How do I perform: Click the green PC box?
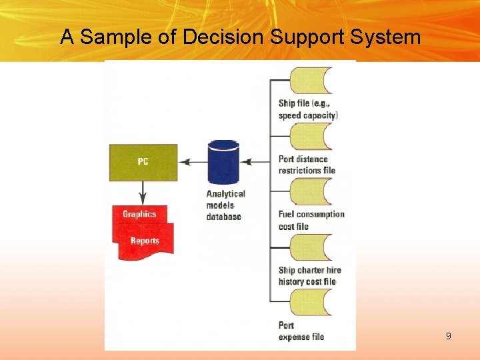click(143, 162)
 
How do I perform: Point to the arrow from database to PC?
click(193, 162)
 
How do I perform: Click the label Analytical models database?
click(225, 205)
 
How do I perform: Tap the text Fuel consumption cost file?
click(311, 221)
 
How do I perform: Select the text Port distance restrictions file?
click(307, 165)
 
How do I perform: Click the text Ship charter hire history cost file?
click(309, 276)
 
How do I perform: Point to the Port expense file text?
click(301, 331)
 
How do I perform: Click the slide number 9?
click(449, 336)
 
